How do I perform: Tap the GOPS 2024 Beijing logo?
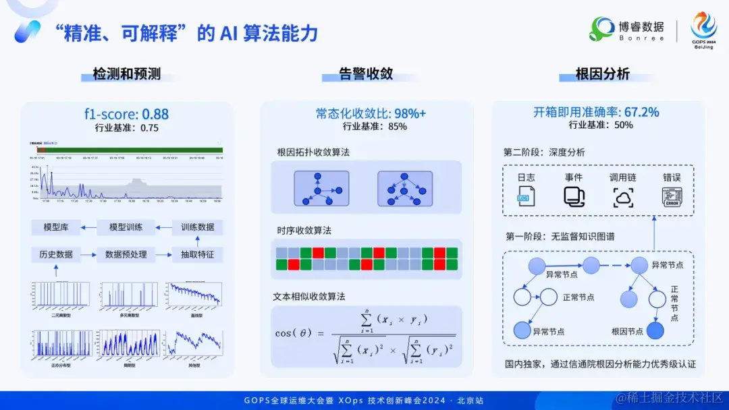click(x=703, y=30)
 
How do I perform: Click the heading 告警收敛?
click(x=366, y=74)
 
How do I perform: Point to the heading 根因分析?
click(x=602, y=74)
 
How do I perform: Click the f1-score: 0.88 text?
click(x=126, y=114)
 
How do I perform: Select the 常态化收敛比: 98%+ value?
click(x=371, y=113)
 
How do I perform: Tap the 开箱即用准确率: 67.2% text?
click(x=596, y=113)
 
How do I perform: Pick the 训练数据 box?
click(x=197, y=227)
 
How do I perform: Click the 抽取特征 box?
click(x=197, y=254)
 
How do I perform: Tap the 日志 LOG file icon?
click(x=526, y=196)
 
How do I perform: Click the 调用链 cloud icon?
click(x=623, y=196)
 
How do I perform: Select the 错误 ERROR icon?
click(x=672, y=196)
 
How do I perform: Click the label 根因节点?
click(x=627, y=331)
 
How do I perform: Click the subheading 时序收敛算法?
click(x=304, y=231)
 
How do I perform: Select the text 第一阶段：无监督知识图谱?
click(x=560, y=237)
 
